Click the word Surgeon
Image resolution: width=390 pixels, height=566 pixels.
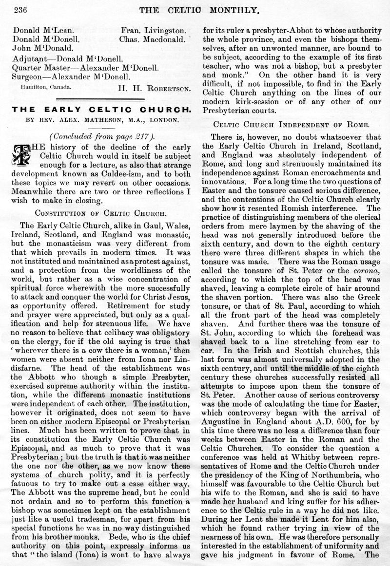click(28, 76)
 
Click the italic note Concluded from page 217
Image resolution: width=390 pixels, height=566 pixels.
click(102, 135)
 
